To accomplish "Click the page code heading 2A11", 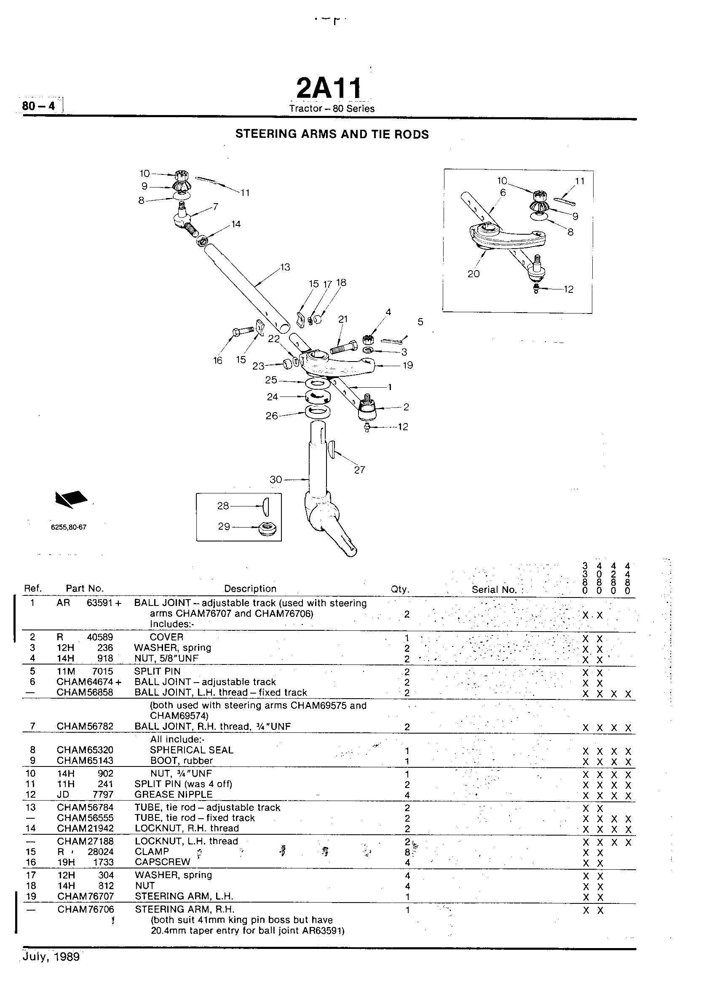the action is tap(329, 88).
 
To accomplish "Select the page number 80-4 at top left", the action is tap(39, 106).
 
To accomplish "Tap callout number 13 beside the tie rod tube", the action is tap(285, 267).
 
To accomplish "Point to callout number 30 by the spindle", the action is tap(276, 480).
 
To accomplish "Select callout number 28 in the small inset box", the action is tap(223, 506).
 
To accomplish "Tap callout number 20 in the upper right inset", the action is tap(474, 274).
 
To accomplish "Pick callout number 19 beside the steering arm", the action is tap(408, 365).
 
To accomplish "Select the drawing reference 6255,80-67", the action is tap(69, 527).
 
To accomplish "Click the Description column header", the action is tap(250, 589).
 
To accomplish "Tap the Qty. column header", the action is tap(400, 589).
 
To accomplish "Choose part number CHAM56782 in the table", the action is tap(85, 726).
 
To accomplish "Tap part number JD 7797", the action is tap(85, 795).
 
